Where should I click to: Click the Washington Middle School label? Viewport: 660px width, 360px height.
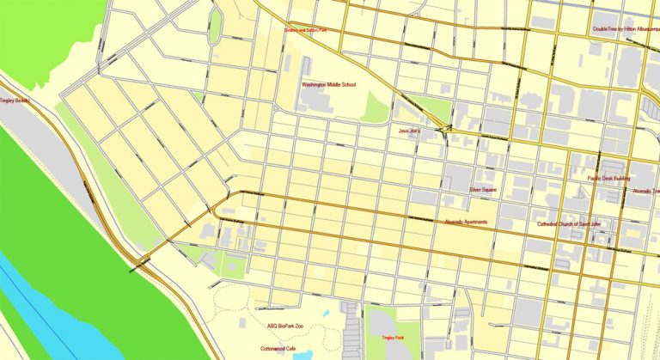click(327, 85)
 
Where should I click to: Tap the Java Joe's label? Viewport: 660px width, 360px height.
click(408, 131)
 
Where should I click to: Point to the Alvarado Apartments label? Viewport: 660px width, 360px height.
click(466, 222)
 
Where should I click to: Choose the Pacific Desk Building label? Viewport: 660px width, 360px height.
click(610, 179)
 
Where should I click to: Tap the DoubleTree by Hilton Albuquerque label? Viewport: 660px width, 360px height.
click(626, 28)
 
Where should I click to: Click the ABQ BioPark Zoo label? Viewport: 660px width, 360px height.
click(285, 326)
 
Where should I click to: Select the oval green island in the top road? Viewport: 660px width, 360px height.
click(215, 27)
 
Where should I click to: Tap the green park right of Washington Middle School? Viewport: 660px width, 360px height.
click(376, 107)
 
